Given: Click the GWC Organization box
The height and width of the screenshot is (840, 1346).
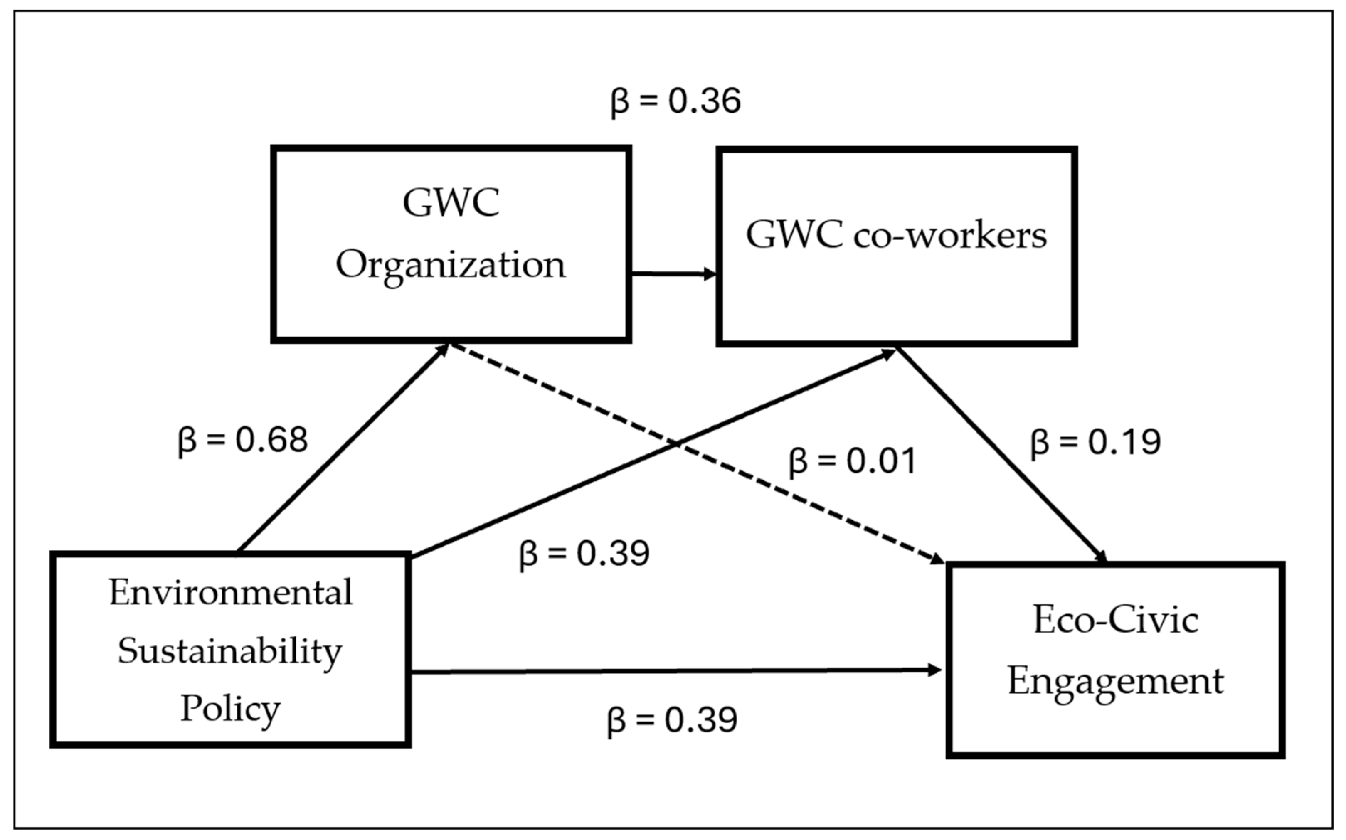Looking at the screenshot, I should point(451,244).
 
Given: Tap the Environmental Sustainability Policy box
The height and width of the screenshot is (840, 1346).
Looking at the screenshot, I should point(231,650).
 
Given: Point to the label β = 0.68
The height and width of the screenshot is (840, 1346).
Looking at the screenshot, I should point(243,440).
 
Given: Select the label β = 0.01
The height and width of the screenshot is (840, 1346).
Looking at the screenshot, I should point(852,461).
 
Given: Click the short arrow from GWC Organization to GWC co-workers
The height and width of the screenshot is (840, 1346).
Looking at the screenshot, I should point(673,273).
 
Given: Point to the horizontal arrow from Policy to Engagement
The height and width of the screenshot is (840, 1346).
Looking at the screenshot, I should point(675,672).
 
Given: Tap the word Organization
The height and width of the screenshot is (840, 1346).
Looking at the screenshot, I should point(451,266).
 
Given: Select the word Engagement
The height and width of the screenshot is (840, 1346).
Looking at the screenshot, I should point(1115,682).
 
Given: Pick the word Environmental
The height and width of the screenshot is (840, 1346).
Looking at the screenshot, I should point(231,593).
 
